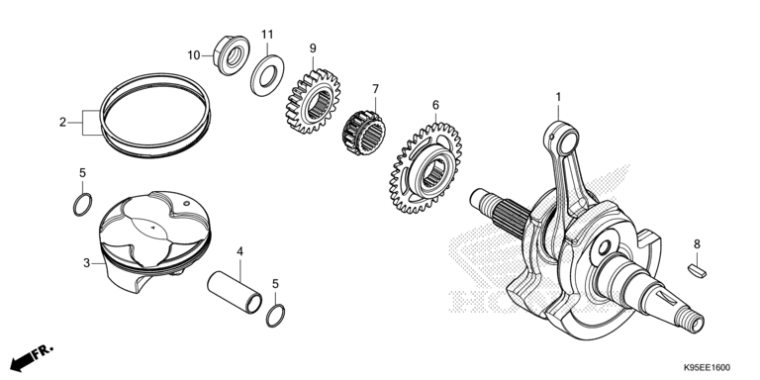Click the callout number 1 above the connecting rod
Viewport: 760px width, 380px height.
(558, 97)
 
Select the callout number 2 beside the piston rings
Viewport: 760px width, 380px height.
(62, 123)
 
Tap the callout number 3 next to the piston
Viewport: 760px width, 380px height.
(86, 263)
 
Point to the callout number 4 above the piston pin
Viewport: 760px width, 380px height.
(239, 251)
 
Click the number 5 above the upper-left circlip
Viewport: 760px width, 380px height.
(82, 172)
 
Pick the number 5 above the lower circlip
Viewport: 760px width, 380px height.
(275, 284)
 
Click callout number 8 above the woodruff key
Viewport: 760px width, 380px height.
(697, 244)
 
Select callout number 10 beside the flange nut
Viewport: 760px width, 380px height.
(194, 55)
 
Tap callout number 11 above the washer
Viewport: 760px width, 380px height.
(267, 35)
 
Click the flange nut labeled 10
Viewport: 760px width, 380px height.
(232, 54)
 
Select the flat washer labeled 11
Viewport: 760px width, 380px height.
(267, 75)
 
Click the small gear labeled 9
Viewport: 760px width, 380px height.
(313, 101)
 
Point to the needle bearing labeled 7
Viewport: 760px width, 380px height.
(363, 133)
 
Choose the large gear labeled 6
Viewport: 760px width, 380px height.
(426, 168)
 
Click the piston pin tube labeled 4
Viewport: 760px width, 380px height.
(235, 292)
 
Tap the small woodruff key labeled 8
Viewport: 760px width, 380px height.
(698, 271)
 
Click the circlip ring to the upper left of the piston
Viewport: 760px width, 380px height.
(83, 205)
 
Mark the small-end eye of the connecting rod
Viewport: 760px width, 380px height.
(561, 139)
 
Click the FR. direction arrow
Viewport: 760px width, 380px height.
(31, 358)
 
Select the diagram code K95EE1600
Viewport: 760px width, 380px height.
(707, 368)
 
